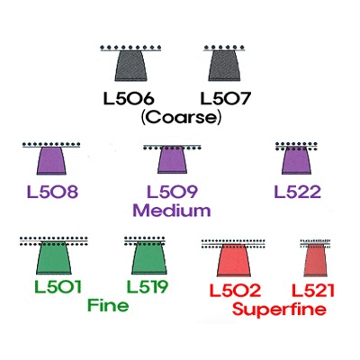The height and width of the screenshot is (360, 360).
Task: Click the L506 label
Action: pos(129,99)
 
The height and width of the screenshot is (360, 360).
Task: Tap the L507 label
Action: pos(225,99)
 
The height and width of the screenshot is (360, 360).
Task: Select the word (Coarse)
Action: pos(182,117)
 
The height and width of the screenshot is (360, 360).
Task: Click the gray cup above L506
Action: pos(131,66)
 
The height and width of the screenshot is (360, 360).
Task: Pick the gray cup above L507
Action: pos(225,66)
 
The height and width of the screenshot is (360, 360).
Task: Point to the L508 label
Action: pos(52,192)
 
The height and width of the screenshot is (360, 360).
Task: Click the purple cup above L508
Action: pos(51,160)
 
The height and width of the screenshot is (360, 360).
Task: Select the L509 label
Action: pos(172,192)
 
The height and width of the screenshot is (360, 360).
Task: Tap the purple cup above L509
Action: pos(172,160)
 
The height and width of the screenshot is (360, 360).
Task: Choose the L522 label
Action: pos(298,192)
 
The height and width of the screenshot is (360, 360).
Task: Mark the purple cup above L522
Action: pos(296,160)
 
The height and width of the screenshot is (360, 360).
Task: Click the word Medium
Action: pos(172,211)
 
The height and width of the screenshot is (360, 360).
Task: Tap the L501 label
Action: pos(58,286)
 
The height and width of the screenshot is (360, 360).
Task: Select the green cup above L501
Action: pos(54,257)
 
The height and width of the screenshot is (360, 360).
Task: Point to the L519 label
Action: pos(147,286)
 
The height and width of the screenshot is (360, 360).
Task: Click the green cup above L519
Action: pos(148,257)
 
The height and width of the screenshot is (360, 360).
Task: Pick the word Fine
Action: pos(108,305)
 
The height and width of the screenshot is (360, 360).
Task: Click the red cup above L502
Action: pos(233,260)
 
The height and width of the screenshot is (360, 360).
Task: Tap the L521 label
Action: pos(313,290)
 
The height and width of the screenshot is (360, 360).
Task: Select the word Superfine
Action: pos(279,309)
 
